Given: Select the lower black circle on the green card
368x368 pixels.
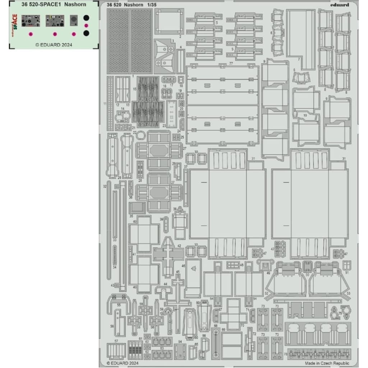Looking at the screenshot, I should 86,33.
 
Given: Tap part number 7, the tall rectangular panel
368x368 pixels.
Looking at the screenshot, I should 301,38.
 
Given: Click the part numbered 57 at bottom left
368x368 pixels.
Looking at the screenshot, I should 116,351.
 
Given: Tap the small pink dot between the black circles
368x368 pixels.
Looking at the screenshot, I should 86,25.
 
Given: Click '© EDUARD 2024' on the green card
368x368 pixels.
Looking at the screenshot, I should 54,45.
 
